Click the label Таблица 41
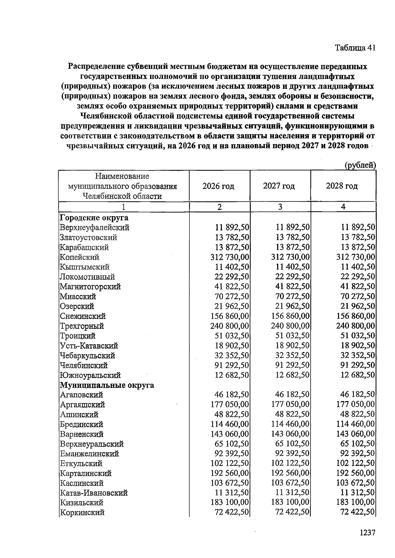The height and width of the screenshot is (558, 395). click(355, 48)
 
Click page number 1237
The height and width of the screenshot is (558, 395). click(367, 533)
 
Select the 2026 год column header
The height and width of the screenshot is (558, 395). click(218, 186)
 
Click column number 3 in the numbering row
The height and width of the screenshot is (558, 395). click(280, 207)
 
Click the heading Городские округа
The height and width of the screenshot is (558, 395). click(94, 218)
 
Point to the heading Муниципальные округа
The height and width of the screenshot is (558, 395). click(107, 385)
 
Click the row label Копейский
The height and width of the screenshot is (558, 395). click(79, 257)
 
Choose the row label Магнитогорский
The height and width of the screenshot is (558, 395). click(90, 287)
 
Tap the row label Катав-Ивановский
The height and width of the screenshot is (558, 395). click(93, 493)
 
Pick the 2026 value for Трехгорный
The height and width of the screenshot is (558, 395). click(230, 326)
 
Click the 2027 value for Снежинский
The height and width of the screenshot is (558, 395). click(290, 316)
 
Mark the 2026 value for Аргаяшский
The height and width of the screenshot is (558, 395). click(230, 404)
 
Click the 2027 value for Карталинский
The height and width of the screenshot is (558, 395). click(290, 473)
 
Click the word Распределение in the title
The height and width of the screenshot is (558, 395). click(96, 67)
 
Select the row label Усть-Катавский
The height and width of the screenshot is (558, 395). click(89, 345)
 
